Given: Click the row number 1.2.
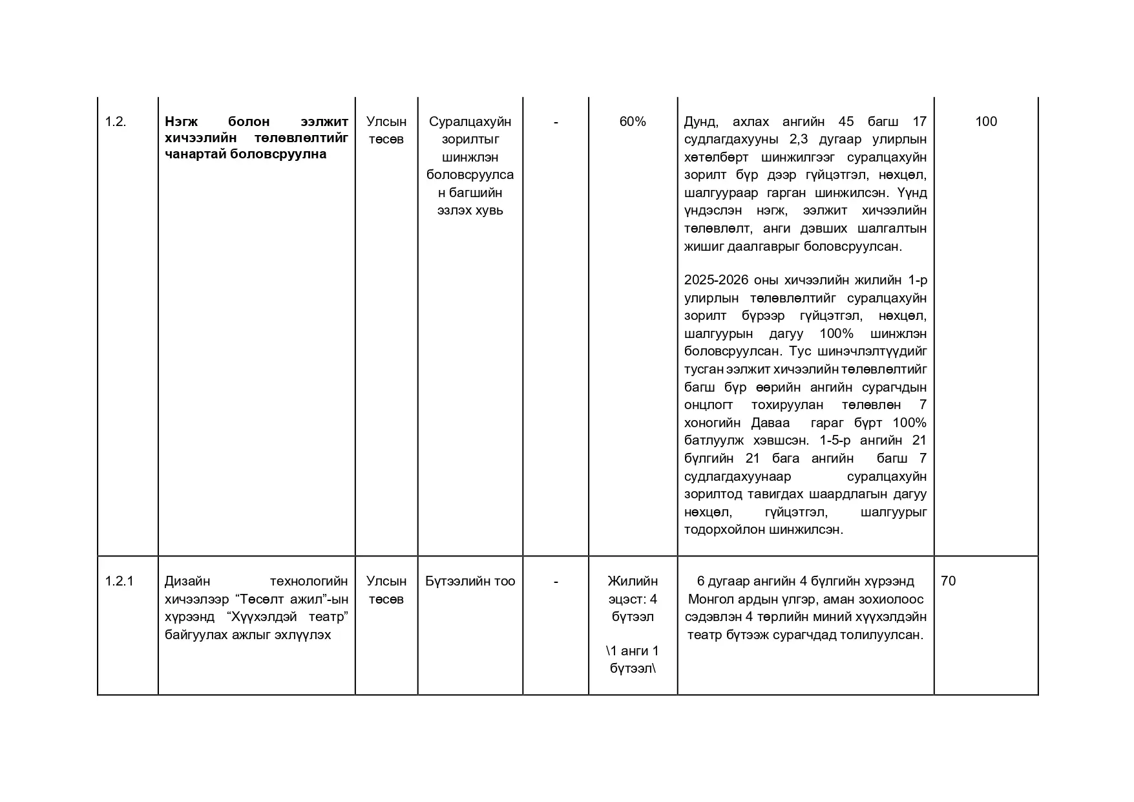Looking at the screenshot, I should coord(116,121).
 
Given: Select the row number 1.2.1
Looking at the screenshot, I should coord(119,581).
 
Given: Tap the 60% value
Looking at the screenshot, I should coord(633,121).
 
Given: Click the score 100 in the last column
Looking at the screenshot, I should coord(985,121).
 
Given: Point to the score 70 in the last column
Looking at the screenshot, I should coord(948,581).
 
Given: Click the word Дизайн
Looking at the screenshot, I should coord(187,582).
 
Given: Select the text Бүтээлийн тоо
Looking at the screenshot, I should coord(470,581).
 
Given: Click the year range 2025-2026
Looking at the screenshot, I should coord(716,280).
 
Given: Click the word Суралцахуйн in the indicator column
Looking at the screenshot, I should coord(470,121).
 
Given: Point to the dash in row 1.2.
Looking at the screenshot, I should coord(556,121).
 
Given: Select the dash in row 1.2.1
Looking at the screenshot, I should coord(556,581).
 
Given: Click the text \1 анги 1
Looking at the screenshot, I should coord(633,651).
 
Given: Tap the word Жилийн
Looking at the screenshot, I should coord(633,582).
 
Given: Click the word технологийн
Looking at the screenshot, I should coord(308,582).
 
